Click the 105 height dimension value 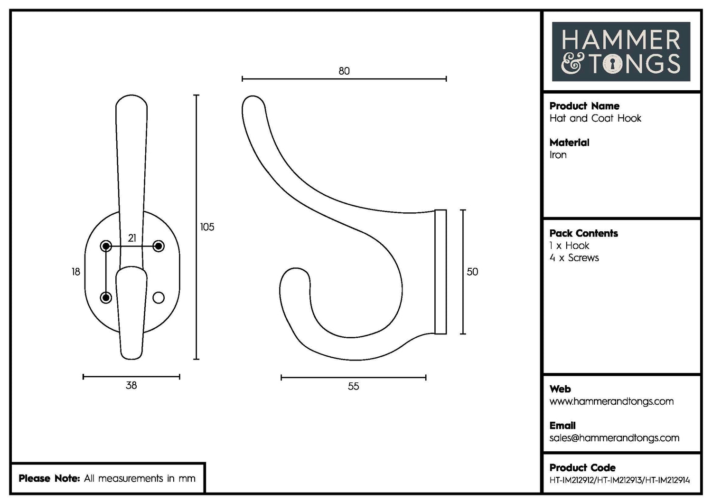pos(207,227)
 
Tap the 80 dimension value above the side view pos(344,71)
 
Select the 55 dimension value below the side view pos(353,386)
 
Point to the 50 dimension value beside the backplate pos(472,272)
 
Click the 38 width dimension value pos(131,385)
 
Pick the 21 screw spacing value pos(132,238)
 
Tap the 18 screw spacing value pos(76,272)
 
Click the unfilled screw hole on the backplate pos(159,298)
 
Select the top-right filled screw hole pos(159,246)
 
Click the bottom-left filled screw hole pos(106,298)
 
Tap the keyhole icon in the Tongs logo pos(612,64)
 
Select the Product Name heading pos(584,106)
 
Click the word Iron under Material pos(558,155)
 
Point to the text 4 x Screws pos(574,258)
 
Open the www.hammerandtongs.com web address pos(611,401)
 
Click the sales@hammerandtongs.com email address pos(614,438)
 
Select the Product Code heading pos(582,467)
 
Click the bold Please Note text pos(49,478)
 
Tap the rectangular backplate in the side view pos(440,272)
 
